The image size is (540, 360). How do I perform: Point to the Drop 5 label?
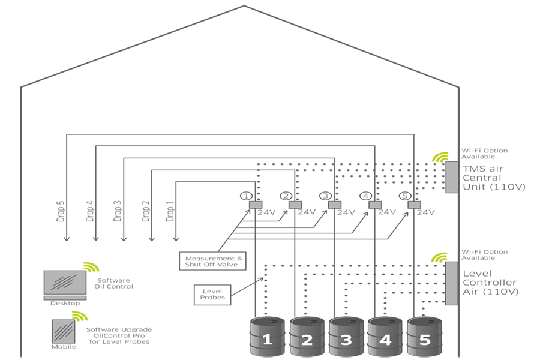(x=61, y=211)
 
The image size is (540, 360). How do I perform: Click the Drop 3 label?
(x=118, y=211)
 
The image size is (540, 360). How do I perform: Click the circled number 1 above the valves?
(x=245, y=196)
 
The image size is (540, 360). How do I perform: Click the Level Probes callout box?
(x=211, y=295)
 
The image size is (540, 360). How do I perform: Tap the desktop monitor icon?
(x=65, y=284)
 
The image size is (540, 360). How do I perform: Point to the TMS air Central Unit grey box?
(x=451, y=177)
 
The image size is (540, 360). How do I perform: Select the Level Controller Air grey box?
(x=451, y=283)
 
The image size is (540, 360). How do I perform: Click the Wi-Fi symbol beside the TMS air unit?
(x=440, y=158)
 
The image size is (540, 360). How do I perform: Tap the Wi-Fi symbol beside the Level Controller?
(x=440, y=258)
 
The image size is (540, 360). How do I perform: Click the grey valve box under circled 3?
(x=335, y=205)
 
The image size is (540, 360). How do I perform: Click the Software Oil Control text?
(x=113, y=283)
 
